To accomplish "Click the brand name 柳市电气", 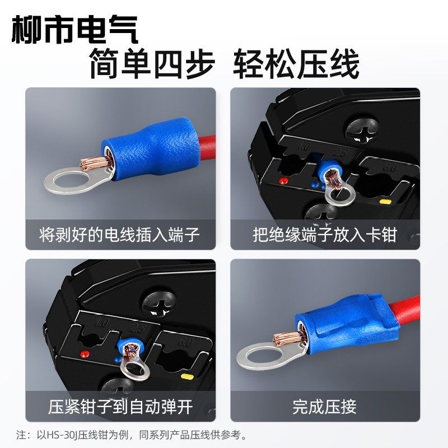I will (74, 30).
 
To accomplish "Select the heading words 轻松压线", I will (296, 66).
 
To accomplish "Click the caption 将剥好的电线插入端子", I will (120, 234).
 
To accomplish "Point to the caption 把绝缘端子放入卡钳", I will (324, 234).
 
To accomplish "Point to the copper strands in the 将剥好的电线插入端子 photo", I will (92, 163).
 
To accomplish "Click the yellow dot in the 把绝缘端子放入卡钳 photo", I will (385, 202).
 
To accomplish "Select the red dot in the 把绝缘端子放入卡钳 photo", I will (284, 181).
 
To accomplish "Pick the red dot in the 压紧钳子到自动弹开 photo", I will (85, 354).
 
